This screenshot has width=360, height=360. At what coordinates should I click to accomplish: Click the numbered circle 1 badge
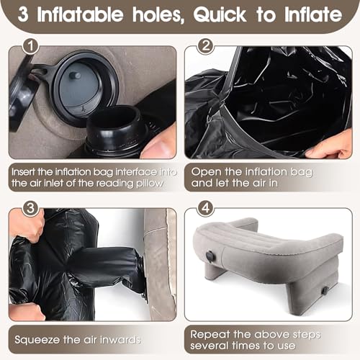tap(30, 46)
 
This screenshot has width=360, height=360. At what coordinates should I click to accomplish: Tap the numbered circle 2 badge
tap(206, 46)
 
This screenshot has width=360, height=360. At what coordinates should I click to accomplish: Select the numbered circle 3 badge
tap(30, 208)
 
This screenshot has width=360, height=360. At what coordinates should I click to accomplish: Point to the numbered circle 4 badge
tap(206, 208)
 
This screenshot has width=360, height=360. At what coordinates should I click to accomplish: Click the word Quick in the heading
tap(220, 15)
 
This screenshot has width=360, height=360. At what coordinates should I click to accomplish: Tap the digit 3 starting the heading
tap(23, 14)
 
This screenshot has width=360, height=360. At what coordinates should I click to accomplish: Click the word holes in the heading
tap(158, 15)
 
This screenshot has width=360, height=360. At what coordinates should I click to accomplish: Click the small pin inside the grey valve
tap(75, 76)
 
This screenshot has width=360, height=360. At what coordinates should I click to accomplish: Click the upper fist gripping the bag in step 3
tap(27, 225)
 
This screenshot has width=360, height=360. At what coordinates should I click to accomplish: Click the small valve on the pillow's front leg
tap(325, 291)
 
